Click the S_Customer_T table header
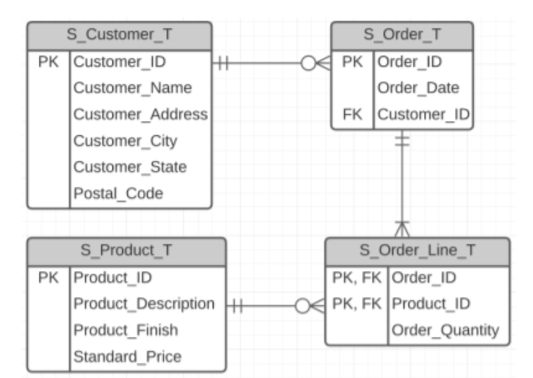click(x=119, y=35)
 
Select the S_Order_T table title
click(x=402, y=35)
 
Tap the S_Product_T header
click(x=126, y=251)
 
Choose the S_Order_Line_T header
click(x=417, y=251)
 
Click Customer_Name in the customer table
click(x=133, y=88)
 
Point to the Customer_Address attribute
click(x=140, y=114)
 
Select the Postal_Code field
click(x=118, y=194)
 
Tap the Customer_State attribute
click(x=130, y=167)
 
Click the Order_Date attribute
click(x=418, y=88)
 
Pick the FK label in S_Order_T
click(x=352, y=114)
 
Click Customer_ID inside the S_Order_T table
click(x=423, y=114)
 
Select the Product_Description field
click(x=144, y=304)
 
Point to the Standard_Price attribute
click(x=128, y=356)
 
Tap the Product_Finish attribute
click(x=126, y=330)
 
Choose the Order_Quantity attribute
click(x=445, y=330)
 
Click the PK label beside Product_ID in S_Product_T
click(x=48, y=278)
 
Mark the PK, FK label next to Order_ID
click(x=357, y=278)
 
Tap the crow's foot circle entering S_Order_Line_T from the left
click(x=302, y=306)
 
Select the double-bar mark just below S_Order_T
click(x=402, y=140)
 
